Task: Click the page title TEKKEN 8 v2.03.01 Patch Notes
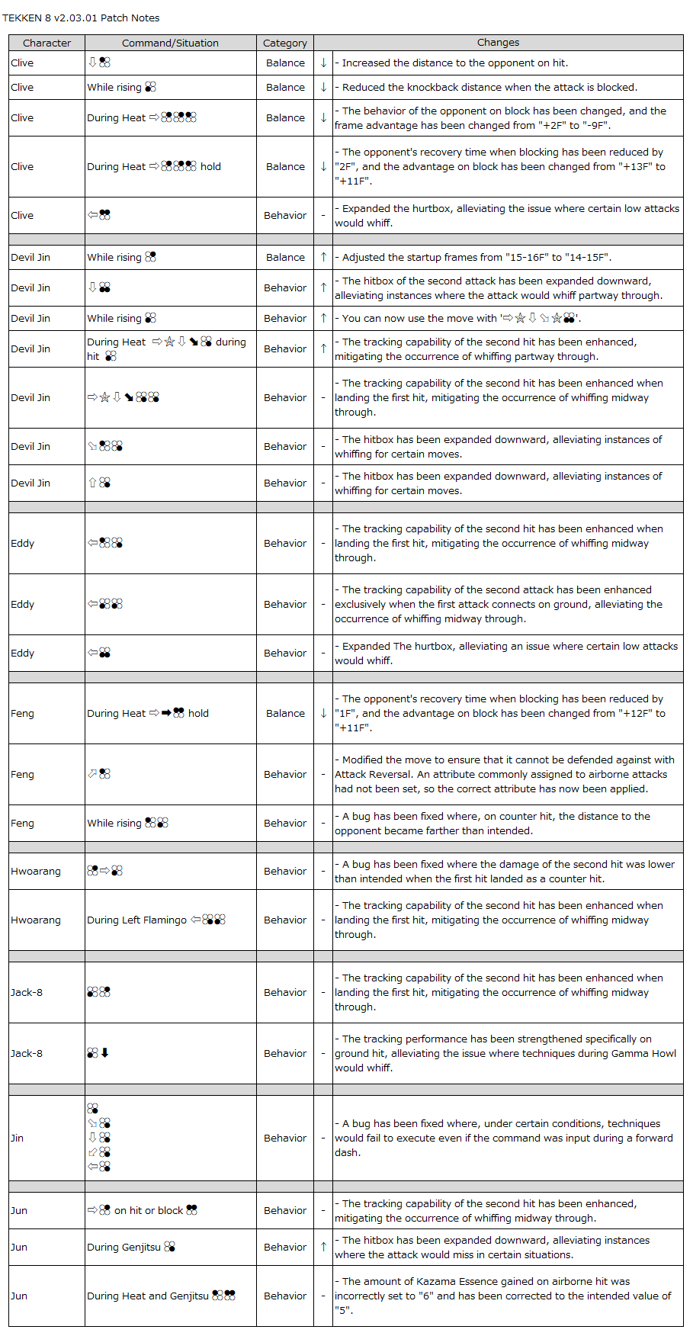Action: coord(81,18)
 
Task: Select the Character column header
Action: coord(47,43)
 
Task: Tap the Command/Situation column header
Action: coord(170,43)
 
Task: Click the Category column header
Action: coord(284,43)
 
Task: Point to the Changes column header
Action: coord(498,43)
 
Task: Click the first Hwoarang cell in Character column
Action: coord(36,871)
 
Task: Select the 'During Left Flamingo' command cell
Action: coord(156,920)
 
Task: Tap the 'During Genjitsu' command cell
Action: coord(131,1247)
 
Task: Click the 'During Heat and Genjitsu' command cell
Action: coord(161,1296)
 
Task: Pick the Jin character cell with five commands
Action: coord(18,1138)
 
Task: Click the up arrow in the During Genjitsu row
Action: coord(323,1247)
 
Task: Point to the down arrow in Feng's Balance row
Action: coord(323,713)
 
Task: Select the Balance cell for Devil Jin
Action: coord(285,257)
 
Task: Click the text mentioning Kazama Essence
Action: coord(502,1296)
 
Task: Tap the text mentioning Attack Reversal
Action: coord(504,774)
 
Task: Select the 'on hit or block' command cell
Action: coord(143,1210)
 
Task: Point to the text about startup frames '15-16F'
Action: coord(476,257)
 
